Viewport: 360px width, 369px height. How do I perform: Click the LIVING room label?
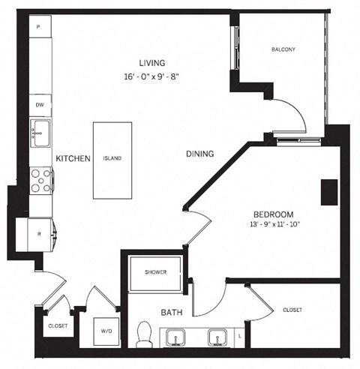(151, 63)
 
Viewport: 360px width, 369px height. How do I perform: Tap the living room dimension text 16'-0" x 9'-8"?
(151, 76)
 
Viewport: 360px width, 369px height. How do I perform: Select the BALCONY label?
(283, 50)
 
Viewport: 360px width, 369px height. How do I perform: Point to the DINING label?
(200, 154)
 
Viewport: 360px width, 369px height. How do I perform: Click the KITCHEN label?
(73, 159)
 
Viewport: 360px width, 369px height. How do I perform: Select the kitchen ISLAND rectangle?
(112, 160)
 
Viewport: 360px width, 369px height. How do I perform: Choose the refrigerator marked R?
(39, 233)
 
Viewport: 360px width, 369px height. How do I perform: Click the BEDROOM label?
(273, 213)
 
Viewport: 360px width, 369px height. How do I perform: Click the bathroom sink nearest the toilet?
(176, 338)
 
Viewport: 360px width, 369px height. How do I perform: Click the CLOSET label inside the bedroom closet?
(292, 310)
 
